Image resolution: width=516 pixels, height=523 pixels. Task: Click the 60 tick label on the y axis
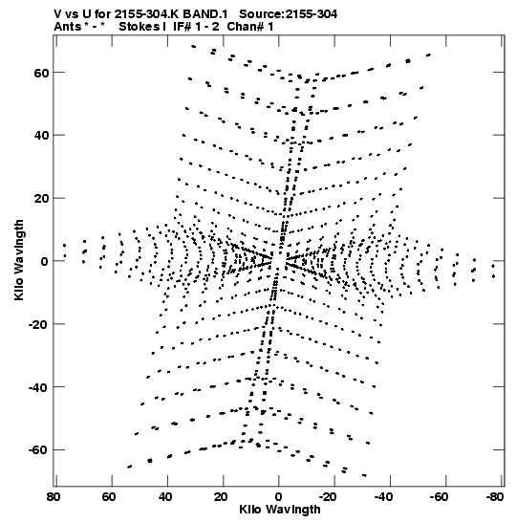tap(41, 73)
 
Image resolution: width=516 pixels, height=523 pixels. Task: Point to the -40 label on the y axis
tap(38, 387)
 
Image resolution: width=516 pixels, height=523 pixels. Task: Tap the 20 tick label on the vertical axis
tap(41, 199)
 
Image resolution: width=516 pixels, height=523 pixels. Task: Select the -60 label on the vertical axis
tap(38, 450)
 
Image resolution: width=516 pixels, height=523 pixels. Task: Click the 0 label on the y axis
tap(45, 262)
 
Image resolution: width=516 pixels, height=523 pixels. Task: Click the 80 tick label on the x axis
tap(54, 497)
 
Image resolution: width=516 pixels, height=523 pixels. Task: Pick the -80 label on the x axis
tap(494, 497)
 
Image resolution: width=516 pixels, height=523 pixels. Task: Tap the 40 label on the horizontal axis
tap(164, 497)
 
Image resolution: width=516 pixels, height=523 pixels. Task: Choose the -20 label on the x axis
tap(327, 497)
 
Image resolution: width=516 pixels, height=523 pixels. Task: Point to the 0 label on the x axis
tap(278, 497)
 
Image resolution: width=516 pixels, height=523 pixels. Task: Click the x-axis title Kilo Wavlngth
tap(280, 510)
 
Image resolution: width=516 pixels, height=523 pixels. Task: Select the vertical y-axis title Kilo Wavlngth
tap(19, 260)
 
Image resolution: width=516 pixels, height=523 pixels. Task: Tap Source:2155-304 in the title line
tap(288, 14)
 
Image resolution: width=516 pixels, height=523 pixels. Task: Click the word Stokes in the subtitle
tap(140, 27)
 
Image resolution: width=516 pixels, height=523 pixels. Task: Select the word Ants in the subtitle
tap(67, 27)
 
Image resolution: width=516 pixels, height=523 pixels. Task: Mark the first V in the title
tap(58, 14)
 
